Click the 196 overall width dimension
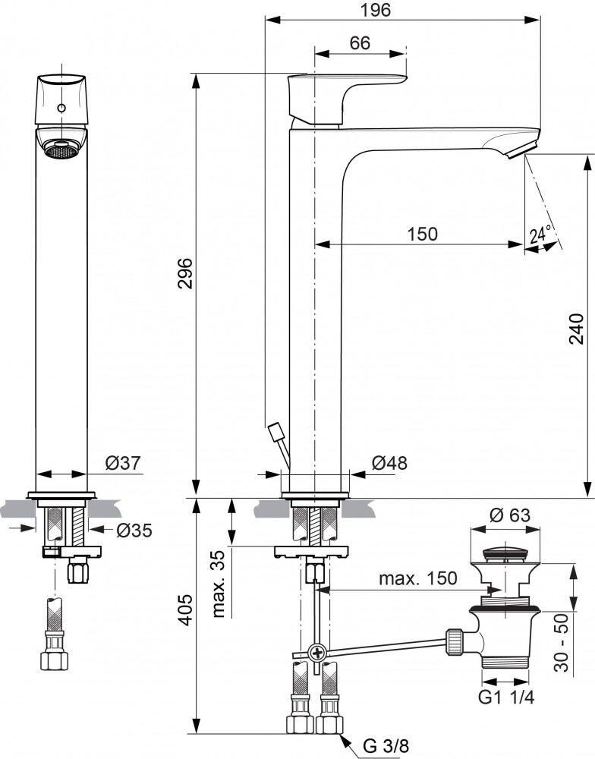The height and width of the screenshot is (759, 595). (376, 9)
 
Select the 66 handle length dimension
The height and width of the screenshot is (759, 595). (360, 43)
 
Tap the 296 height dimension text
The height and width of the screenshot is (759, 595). (185, 273)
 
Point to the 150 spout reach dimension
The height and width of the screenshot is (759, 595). (423, 234)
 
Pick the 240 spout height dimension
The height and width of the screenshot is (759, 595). (576, 329)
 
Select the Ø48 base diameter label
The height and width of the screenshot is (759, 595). (390, 463)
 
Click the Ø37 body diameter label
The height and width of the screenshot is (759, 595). (123, 463)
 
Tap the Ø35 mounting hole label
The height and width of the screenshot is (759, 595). (134, 531)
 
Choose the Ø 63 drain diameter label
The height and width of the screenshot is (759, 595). (509, 515)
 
